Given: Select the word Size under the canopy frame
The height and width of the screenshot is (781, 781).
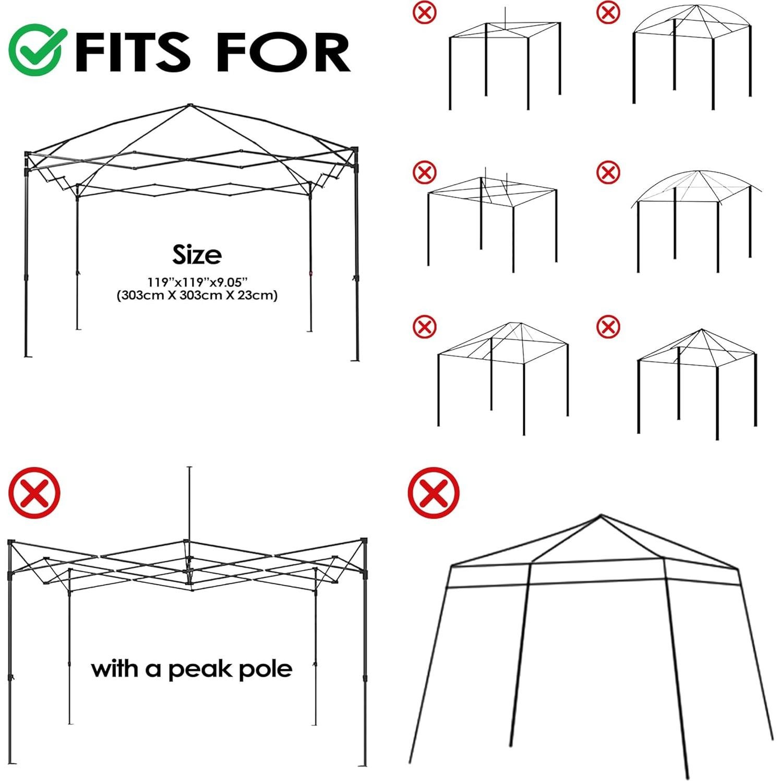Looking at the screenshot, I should point(197,255).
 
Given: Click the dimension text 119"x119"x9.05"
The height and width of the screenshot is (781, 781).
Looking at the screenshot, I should point(196,282).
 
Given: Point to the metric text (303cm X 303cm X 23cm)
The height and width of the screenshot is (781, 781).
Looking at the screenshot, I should point(197,295).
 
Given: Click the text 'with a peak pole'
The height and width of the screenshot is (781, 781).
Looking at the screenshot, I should point(191,669).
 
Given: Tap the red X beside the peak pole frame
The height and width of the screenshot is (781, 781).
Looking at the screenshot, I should point(34,493).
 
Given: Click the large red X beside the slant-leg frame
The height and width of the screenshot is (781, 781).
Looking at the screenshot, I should point(434,493).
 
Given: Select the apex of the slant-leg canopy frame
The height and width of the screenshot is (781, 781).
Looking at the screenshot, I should point(601,516).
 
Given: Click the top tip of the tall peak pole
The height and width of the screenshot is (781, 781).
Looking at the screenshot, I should point(189,468).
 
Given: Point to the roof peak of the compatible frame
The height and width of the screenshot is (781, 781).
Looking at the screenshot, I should point(189,106).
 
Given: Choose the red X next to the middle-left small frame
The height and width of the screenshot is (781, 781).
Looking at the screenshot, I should point(425,172).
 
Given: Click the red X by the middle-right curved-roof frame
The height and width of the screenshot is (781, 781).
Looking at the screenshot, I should point(608,172).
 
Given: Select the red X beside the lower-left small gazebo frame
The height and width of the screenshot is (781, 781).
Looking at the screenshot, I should point(425,327).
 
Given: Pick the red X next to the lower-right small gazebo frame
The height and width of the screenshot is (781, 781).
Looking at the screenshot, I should point(608,327).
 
